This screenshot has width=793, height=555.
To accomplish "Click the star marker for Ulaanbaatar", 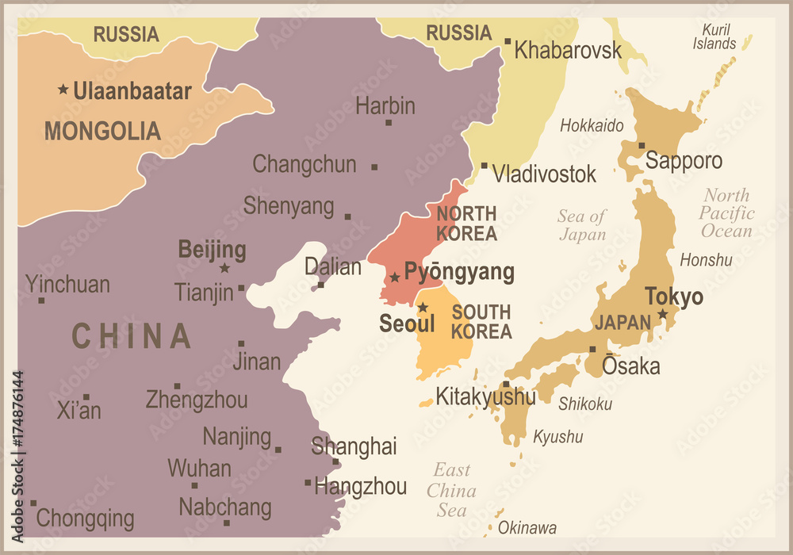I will [63, 90].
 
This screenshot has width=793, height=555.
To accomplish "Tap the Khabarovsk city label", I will [568, 50].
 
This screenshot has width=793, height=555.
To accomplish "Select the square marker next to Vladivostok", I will [484, 166].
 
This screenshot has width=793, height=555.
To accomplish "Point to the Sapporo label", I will [684, 161].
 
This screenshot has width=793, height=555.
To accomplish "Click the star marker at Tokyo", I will [662, 315].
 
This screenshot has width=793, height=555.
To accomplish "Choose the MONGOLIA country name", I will [102, 131].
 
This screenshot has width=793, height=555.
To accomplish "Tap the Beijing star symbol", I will [224, 269].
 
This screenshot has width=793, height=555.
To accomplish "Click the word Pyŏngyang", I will [459, 273].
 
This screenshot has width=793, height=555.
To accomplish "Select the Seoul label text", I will [407, 323].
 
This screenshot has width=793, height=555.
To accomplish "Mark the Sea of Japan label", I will [581, 225].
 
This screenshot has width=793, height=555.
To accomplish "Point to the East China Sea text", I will [451, 490].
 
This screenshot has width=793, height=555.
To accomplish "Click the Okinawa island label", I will [527, 528].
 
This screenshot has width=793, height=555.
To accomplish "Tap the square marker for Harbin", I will [389, 122].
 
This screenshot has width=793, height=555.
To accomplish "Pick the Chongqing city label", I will [86, 519].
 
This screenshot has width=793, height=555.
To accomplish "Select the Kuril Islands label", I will [714, 36].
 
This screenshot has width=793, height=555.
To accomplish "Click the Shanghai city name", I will [354, 446].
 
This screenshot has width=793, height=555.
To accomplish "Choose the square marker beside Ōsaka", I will [592, 349].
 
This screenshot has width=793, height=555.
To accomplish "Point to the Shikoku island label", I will [585, 404].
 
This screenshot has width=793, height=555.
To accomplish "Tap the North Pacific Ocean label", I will [726, 213].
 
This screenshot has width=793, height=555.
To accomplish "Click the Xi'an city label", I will [79, 411].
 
